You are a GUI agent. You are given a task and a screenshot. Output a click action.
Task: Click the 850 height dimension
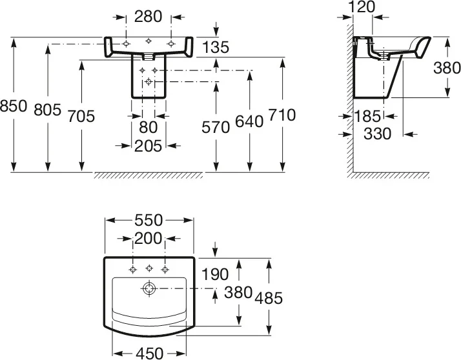tap(14, 106)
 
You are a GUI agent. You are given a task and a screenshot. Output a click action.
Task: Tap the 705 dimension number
tap(81, 116)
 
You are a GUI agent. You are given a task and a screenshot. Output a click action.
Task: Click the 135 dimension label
tap(215, 46)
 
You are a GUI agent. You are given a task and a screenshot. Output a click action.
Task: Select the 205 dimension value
tap(149, 146)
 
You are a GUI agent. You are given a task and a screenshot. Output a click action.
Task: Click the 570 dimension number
tap(216, 126)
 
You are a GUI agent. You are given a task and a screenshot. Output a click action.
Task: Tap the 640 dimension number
tap(250, 121)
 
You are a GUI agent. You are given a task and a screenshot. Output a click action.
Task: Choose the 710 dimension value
tap(282, 115)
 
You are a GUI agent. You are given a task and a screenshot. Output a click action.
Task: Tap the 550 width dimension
tap(149, 220)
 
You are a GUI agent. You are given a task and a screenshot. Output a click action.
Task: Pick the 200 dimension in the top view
tap(149, 239)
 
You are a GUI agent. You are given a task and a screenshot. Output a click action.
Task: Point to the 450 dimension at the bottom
tap(149, 353)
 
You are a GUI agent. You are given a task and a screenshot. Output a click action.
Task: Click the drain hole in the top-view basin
tap(149, 288)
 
